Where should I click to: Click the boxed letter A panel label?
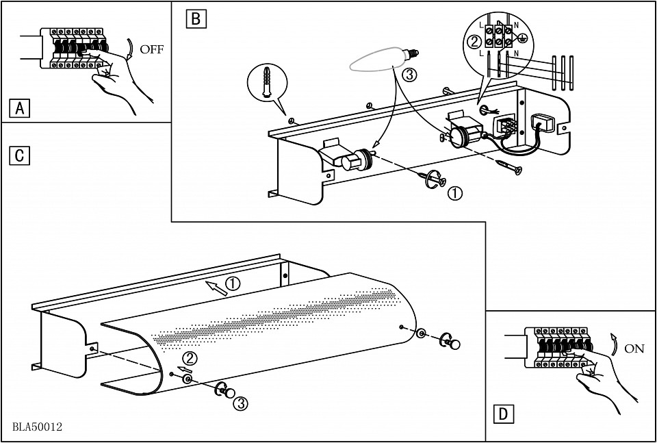(20, 108)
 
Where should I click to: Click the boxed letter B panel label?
(195, 18)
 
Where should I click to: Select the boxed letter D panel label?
(503, 414)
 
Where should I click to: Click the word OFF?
(151, 49)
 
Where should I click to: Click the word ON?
(634, 349)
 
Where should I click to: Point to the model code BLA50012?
(37, 427)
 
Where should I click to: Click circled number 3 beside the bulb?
(409, 73)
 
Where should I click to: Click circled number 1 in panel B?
(454, 194)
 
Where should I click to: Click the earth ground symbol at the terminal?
(531, 40)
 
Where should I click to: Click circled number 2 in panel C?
(190, 357)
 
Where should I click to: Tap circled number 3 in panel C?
(240, 403)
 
